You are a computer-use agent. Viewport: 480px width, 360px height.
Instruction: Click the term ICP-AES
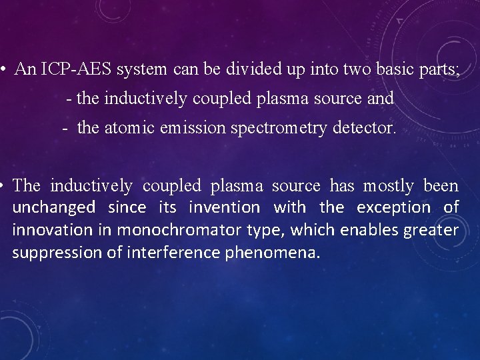74,69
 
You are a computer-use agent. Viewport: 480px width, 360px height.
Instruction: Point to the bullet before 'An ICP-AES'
4,69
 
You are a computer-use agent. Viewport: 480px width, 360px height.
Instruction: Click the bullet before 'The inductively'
4,185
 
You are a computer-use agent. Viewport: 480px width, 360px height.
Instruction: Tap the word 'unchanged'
54,207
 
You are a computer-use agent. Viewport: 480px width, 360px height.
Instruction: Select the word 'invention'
225,207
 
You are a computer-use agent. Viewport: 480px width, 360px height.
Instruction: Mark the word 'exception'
394,207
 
